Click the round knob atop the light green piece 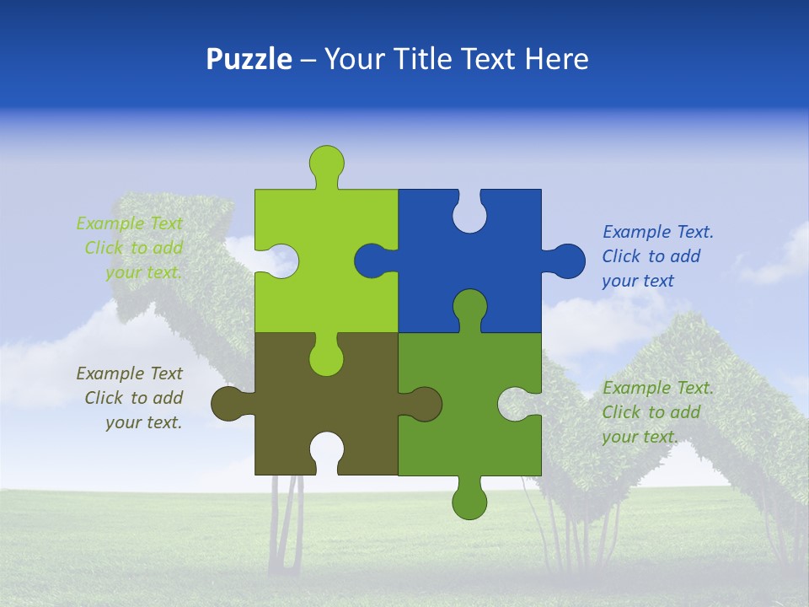pyautogui.click(x=327, y=162)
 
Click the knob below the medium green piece pyautogui.click(x=469, y=501)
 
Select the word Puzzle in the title pyautogui.click(x=249, y=59)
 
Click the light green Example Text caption pyautogui.click(x=131, y=248)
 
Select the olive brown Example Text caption pyautogui.click(x=131, y=398)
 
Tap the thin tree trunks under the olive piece pyautogui.click(x=287, y=523)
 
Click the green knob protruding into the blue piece pyautogui.click(x=469, y=308)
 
